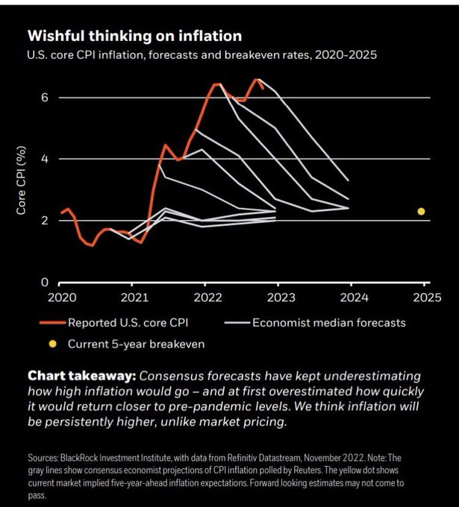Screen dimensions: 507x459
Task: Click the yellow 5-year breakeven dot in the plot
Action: (421, 212)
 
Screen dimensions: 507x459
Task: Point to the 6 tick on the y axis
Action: (44, 98)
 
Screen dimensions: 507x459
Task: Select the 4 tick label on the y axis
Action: (44, 159)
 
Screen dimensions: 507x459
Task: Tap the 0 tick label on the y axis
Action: (44, 283)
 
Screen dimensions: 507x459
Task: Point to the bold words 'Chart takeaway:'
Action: (81, 377)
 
